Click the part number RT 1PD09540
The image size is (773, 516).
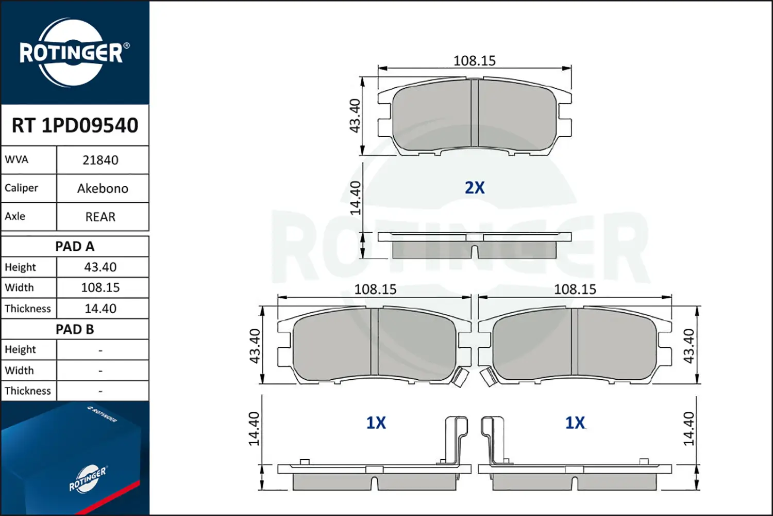point(75,125)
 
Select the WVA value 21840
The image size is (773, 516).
point(100,160)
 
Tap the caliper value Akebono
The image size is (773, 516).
point(103,189)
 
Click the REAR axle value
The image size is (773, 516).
point(100,217)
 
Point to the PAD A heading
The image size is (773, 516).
point(75,247)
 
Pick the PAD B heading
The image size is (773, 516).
point(75,329)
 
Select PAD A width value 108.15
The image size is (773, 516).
point(100,288)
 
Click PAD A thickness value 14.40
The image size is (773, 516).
point(100,309)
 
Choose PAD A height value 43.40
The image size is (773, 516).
point(100,267)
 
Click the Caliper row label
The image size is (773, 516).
point(22,188)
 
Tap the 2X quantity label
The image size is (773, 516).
point(475,188)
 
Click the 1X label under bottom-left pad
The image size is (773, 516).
point(376,423)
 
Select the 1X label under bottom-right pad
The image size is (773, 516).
point(575,423)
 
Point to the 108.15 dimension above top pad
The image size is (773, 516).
point(474,61)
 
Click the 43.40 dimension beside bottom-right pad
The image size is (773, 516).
point(688,346)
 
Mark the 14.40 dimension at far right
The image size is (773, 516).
point(688,428)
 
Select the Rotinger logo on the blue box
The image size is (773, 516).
point(88,479)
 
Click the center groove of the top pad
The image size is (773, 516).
point(475,114)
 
